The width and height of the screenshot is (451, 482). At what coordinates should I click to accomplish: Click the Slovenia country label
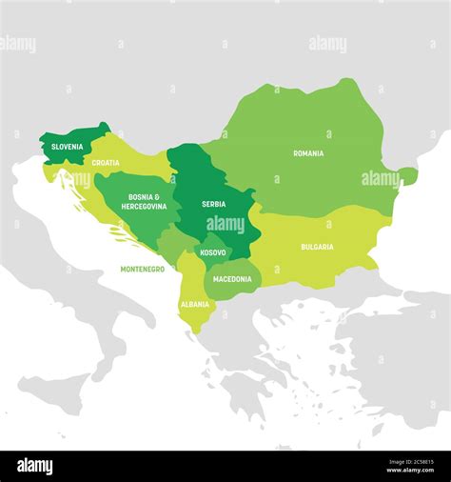[67, 147]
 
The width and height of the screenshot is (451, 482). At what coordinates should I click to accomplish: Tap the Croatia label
[106, 163]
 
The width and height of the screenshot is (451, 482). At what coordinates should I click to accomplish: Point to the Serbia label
[213, 204]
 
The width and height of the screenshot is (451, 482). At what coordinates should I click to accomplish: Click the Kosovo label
[212, 252]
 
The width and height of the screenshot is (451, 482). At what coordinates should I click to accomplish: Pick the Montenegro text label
[142, 270]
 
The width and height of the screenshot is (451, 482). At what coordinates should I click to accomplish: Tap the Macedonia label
[232, 279]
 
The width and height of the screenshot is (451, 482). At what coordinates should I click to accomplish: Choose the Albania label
[195, 305]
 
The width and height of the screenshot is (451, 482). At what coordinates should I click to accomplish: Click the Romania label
[308, 153]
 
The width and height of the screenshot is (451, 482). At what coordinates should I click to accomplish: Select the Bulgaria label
[317, 247]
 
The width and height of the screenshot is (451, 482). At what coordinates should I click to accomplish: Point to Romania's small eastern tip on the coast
[408, 175]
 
